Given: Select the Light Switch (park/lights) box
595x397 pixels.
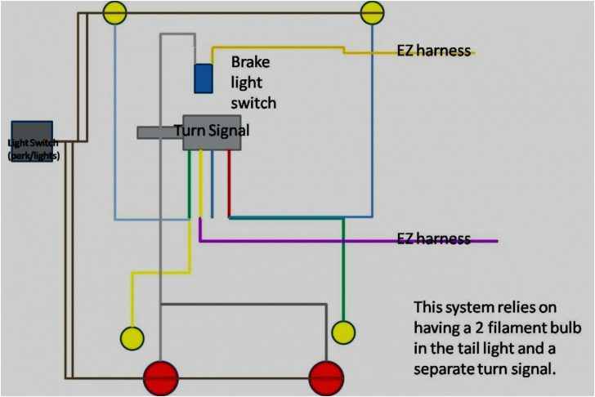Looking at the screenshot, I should point(33,141).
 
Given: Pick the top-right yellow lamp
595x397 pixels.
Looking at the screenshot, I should point(373,11).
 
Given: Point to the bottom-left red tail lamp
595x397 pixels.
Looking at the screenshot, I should point(161,378).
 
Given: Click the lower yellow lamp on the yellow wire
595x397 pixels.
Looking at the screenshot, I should point(132,337).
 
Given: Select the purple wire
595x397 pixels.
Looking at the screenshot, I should point(343,241).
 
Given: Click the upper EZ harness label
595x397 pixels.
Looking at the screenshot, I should point(433,51).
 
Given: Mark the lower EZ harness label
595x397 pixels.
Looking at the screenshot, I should point(433,239).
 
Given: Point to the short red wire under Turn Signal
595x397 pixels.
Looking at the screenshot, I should point(229,184).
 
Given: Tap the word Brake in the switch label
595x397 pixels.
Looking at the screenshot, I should point(251,62).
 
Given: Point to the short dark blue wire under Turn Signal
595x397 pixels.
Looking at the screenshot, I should point(212,184).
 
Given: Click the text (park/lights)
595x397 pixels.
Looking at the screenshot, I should point(33,154).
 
